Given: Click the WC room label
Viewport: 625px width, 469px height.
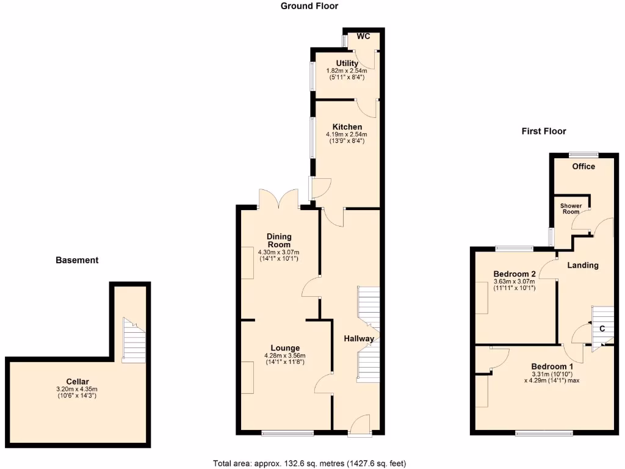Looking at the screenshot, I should [x=364, y=37].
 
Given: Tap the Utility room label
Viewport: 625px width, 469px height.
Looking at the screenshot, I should [x=347, y=64].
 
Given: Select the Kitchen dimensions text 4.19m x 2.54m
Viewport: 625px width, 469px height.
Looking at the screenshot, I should [x=347, y=134].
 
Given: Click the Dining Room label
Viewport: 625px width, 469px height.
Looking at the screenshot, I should [x=280, y=240].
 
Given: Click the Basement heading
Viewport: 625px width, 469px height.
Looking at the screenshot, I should [x=77, y=260].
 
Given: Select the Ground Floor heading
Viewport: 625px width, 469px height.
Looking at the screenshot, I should [x=309, y=6].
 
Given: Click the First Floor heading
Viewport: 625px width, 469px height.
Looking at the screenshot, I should [x=544, y=131].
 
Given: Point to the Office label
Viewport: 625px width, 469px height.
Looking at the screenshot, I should [x=583, y=166].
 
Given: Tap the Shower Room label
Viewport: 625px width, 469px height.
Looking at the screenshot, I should [x=571, y=209].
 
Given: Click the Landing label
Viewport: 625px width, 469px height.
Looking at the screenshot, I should [x=583, y=266].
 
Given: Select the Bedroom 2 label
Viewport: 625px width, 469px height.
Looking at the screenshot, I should [x=515, y=273].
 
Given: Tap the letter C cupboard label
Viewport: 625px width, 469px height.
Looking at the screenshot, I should [x=602, y=329].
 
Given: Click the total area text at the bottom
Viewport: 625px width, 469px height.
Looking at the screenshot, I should [x=309, y=463].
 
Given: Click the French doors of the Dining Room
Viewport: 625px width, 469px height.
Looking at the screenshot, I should [x=279, y=200].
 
